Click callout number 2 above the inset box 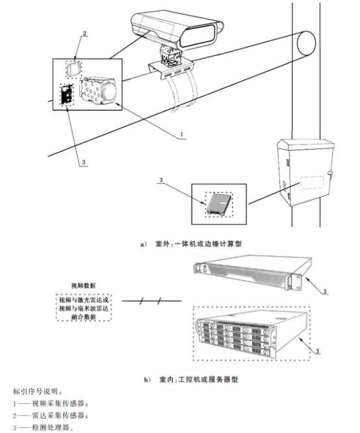[x=84, y=33]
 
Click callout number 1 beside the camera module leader [x=182, y=134]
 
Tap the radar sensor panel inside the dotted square [x=74, y=68]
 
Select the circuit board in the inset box [x=67, y=94]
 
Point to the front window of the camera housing [x=198, y=36]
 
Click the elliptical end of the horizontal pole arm [x=306, y=44]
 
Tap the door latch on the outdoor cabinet [x=329, y=174]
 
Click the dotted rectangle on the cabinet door [x=312, y=182]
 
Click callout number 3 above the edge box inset [x=161, y=180]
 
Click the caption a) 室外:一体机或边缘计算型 [x=191, y=244]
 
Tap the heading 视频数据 [x=83, y=285]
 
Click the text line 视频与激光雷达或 [x=84, y=300]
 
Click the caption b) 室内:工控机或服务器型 [x=191, y=380]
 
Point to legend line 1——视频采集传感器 [x=51, y=404]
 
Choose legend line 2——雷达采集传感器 [x=51, y=415]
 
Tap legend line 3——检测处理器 [x=44, y=428]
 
